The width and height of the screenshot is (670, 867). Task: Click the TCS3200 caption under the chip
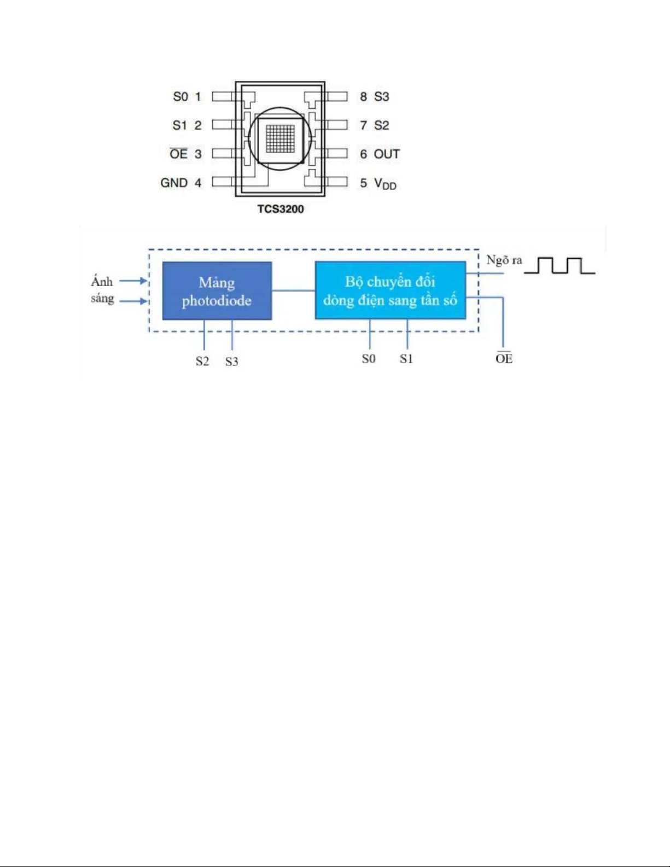pyautogui.click(x=281, y=209)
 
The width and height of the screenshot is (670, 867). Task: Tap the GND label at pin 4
pyautogui.click(x=174, y=183)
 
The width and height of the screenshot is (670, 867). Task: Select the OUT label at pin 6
pyautogui.click(x=387, y=154)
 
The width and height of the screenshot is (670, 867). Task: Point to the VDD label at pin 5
pyautogui.click(x=385, y=184)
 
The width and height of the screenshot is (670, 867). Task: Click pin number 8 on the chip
pyautogui.click(x=363, y=97)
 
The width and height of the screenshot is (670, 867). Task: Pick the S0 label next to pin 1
pyautogui.click(x=180, y=97)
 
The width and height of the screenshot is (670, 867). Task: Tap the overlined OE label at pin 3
pyautogui.click(x=178, y=154)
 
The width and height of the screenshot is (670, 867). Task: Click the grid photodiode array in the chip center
pyautogui.click(x=280, y=138)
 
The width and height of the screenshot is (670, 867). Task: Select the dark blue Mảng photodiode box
pyautogui.click(x=217, y=291)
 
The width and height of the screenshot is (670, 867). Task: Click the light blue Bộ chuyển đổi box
pyautogui.click(x=390, y=290)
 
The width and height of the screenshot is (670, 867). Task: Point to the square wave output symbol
pyautogui.click(x=560, y=265)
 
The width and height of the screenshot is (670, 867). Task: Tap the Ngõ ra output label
pyautogui.click(x=504, y=260)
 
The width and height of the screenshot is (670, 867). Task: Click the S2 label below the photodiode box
pyautogui.click(x=202, y=362)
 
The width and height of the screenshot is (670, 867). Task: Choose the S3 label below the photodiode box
pyautogui.click(x=232, y=362)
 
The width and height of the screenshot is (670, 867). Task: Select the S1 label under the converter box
pyautogui.click(x=406, y=359)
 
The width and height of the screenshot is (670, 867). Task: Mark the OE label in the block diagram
pyautogui.click(x=504, y=358)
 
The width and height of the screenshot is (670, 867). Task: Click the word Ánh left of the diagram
pyautogui.click(x=102, y=282)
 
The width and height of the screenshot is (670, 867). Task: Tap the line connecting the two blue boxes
pyautogui.click(x=293, y=290)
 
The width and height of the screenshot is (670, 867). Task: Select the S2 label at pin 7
pyautogui.click(x=382, y=125)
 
